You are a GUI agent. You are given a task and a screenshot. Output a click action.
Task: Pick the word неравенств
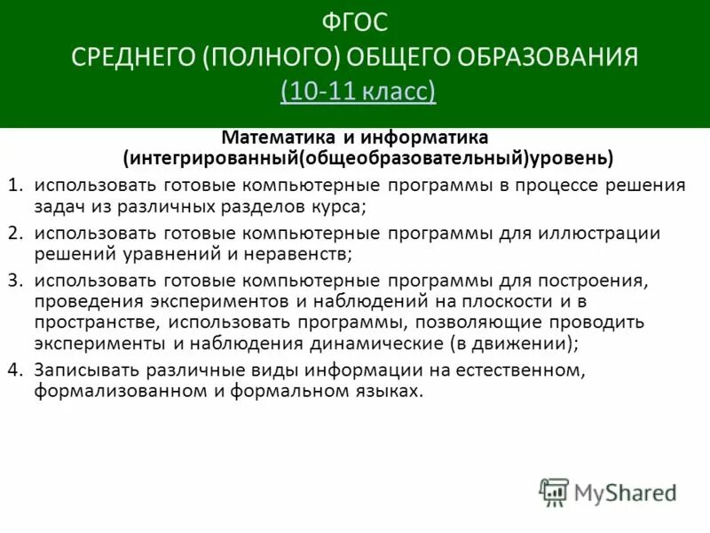tap(304, 254)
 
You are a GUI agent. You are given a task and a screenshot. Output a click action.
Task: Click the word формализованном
tap(106, 391)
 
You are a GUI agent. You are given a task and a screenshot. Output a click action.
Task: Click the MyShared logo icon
tap(555, 492)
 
